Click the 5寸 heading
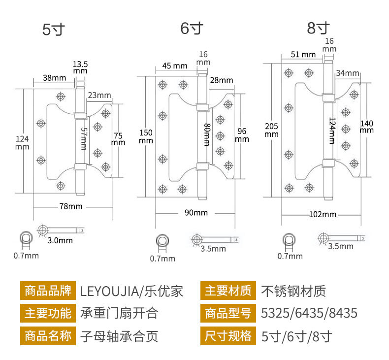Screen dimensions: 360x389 pos(54,30)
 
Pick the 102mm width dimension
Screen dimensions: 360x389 pos(323,214)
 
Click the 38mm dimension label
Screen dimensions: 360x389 pos(54,77)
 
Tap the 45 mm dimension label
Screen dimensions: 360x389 pos(174,65)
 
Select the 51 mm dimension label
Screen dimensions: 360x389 pos(303,54)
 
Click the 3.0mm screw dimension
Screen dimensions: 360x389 pos(61,240)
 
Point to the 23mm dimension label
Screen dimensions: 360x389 pos(100,95)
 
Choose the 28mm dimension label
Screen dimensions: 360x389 pos(221,80)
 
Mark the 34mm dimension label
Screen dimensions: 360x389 pos(348,73)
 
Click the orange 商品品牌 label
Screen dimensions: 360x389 pos(48,291)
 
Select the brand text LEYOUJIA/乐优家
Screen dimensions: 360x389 pos(131,291)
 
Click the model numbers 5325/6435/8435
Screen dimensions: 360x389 pos(309,313)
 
